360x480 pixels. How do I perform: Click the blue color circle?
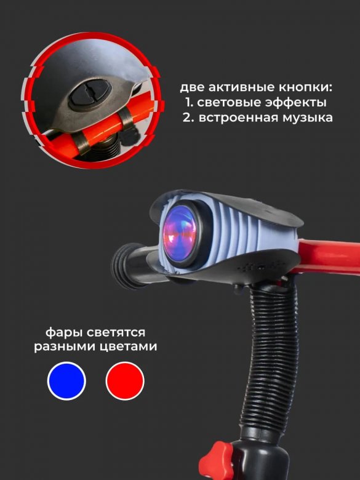[66, 381]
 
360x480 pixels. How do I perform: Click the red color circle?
[125, 381]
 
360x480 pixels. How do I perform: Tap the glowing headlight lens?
[180, 234]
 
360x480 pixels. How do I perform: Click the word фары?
[64, 333]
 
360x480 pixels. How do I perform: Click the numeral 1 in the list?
[188, 103]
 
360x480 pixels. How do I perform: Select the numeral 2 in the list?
[187, 118]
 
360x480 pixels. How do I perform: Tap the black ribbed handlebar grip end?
[125, 266]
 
